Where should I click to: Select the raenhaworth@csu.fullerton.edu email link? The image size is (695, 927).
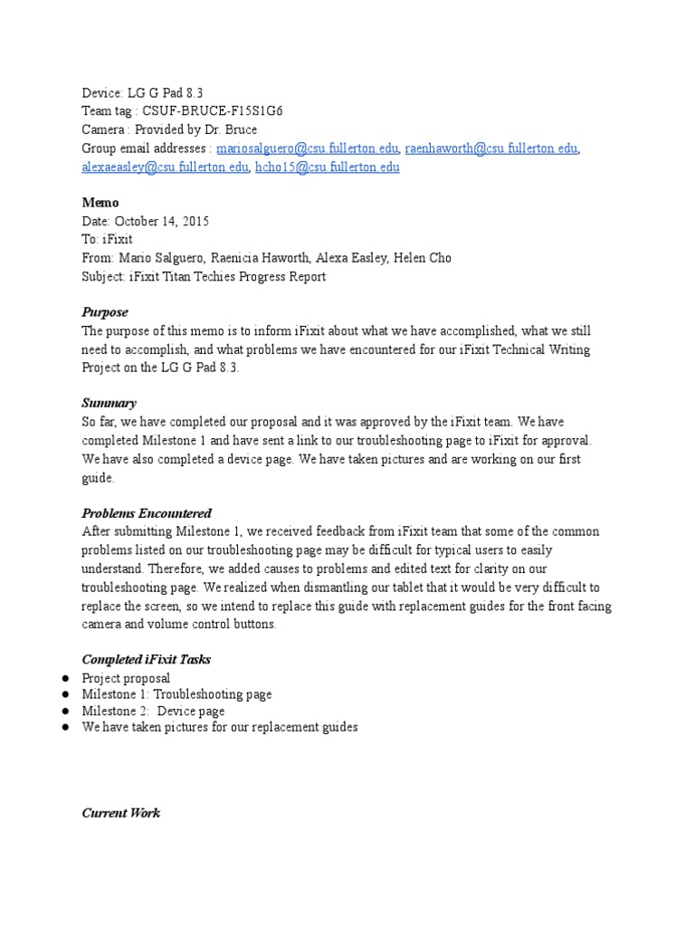point(491,148)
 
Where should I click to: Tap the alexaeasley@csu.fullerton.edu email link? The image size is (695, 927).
point(165,167)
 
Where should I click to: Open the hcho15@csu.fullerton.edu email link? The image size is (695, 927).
point(327,167)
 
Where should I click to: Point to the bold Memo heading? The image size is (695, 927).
point(100,203)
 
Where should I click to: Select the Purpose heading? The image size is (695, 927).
point(105,312)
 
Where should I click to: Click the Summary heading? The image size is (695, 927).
point(109,403)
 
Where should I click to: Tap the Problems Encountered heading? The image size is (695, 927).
point(147,513)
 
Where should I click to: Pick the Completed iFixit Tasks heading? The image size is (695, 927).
point(147,659)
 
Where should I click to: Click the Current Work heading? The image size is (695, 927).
point(121,813)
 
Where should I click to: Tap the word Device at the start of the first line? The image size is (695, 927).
point(101,92)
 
